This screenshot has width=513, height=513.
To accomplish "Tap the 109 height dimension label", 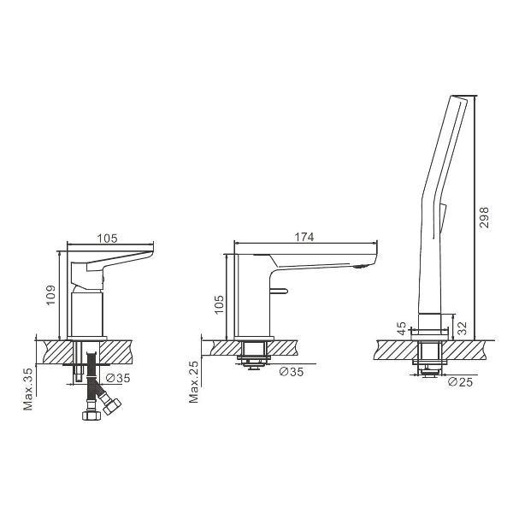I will [51, 293].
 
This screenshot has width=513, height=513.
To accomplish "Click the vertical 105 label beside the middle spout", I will [220, 304].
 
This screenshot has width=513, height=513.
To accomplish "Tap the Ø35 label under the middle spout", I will [292, 372].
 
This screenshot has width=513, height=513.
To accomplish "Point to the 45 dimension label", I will [402, 330].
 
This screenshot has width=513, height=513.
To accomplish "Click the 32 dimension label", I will [462, 327].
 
